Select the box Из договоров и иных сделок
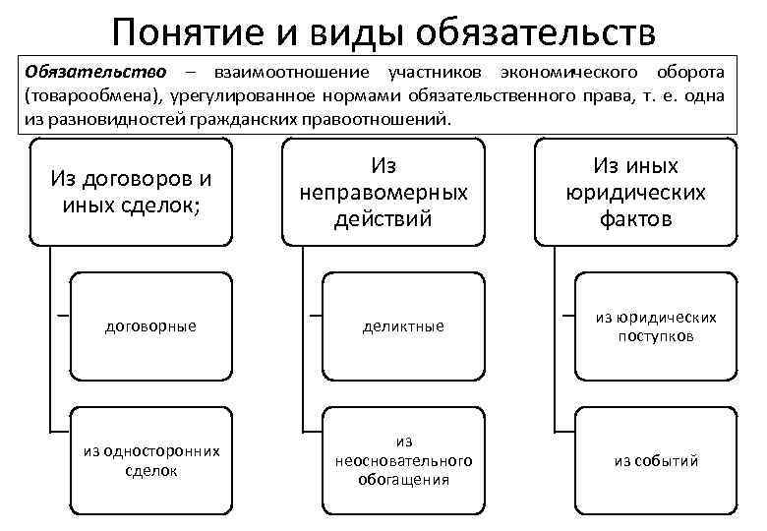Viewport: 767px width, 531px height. pyautogui.click(x=131, y=193)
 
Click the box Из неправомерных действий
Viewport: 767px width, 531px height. pyautogui.click(x=384, y=193)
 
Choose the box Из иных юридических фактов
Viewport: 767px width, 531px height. pyautogui.click(x=635, y=193)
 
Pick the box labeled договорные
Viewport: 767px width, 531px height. pyautogui.click(x=150, y=325)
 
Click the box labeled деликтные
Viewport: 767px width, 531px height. pyautogui.click(x=404, y=325)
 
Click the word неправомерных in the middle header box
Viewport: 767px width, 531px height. pyautogui.click(x=384, y=193)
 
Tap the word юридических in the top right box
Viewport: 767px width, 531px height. pyautogui.click(x=635, y=193)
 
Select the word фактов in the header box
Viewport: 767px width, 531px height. pyautogui.click(x=635, y=218)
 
